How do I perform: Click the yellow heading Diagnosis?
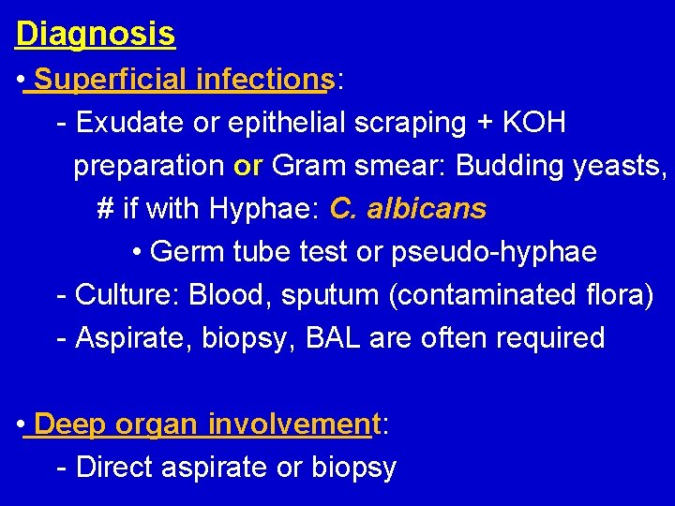tap(96, 34)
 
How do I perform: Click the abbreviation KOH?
tap(534, 123)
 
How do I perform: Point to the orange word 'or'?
tap(248, 166)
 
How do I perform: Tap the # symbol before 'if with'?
tap(105, 208)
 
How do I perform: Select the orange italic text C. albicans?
tap(408, 208)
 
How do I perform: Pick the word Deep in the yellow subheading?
tap(68, 424)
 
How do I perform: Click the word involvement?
tap(291, 424)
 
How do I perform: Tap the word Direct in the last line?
tap(121, 467)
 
